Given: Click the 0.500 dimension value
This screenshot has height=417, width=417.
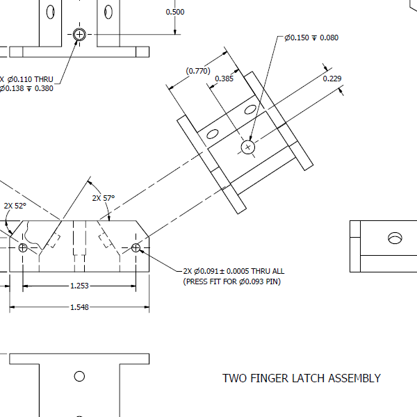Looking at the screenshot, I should coord(175,13).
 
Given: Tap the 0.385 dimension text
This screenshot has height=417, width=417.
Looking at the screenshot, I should coord(224,79).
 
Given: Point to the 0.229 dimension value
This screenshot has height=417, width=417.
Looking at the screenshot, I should coord(332,79).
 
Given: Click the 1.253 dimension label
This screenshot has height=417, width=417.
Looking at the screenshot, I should coord(79,286).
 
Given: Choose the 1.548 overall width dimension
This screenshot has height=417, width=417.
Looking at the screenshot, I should coord(79,307).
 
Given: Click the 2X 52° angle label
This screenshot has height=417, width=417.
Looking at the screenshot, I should coord(15,206).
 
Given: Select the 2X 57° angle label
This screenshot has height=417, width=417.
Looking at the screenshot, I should coord(103,198).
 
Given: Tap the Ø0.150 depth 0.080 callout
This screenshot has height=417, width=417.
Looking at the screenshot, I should coord(311,38).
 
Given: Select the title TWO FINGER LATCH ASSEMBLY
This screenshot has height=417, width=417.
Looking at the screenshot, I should coord(301,379).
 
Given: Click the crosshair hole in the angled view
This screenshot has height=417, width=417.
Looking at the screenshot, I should coord(248,147).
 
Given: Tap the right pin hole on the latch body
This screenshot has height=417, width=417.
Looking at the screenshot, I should coord(136,247).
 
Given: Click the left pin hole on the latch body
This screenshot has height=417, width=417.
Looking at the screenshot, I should coord(23,247).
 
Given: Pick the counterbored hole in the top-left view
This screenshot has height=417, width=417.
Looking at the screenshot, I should coord(79,34).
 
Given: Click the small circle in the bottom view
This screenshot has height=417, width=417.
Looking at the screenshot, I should coord(79,376).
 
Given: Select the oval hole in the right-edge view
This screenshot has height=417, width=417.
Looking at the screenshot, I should coord(395,238).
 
